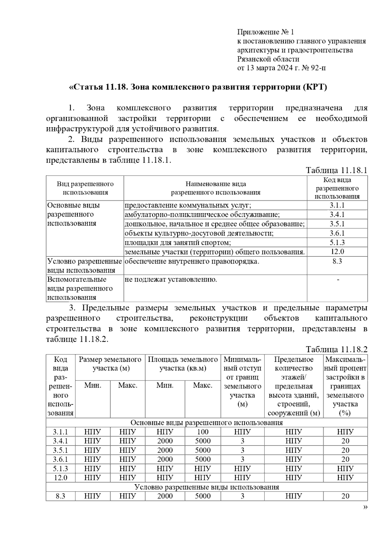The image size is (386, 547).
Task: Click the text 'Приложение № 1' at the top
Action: (x=265, y=32)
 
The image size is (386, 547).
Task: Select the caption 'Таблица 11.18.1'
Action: (x=336, y=170)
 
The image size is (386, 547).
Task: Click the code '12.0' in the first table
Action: (x=337, y=252)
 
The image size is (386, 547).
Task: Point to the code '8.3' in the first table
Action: (x=337, y=261)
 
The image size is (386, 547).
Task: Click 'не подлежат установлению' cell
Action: (x=170, y=280)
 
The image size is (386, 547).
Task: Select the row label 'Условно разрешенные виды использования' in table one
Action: (x=84, y=266)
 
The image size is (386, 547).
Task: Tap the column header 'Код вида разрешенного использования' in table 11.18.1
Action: (x=337, y=188)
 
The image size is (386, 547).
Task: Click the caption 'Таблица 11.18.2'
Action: (x=336, y=350)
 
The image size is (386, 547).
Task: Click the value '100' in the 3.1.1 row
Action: (x=203, y=432)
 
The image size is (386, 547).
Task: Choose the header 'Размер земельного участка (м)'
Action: (x=110, y=364)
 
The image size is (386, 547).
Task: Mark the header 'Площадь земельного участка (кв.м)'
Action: (x=183, y=364)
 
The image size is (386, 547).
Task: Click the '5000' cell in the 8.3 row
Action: (x=203, y=496)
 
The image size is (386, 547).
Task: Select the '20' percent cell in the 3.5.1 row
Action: (x=345, y=450)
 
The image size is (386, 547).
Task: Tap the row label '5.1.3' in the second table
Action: (x=60, y=469)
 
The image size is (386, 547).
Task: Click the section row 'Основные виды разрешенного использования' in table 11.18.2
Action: (x=207, y=423)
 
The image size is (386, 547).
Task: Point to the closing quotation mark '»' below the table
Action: (x=365, y=508)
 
